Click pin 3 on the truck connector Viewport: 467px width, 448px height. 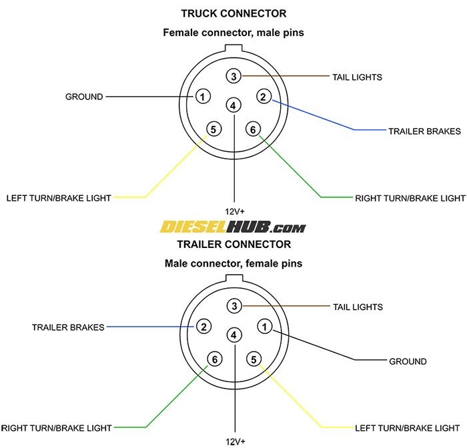pyautogui.click(x=233, y=77)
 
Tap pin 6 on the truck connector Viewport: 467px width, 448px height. pyautogui.click(x=253, y=129)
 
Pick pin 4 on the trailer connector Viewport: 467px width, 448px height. pyautogui.click(x=233, y=335)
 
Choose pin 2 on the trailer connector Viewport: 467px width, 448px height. pyautogui.click(x=203, y=327)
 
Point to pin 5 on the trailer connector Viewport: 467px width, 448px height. pyautogui.click(x=254, y=360)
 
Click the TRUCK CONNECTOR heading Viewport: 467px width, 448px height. pyautogui.click(x=233, y=13)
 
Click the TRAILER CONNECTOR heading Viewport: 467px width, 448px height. pyautogui.click(x=233, y=245)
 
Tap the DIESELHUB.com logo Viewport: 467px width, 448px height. pyautogui.click(x=233, y=227)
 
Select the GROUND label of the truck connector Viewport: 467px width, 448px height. pyautogui.click(x=84, y=97)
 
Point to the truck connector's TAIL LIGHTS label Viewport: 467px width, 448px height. pyautogui.click(x=357, y=77)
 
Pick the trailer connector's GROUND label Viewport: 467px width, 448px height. pyautogui.click(x=408, y=361)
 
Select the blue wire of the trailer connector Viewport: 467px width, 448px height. pyautogui.click(x=147, y=327)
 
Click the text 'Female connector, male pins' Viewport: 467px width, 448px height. pyautogui.click(x=233, y=32)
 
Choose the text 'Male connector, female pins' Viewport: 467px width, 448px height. pyautogui.click(x=233, y=263)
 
